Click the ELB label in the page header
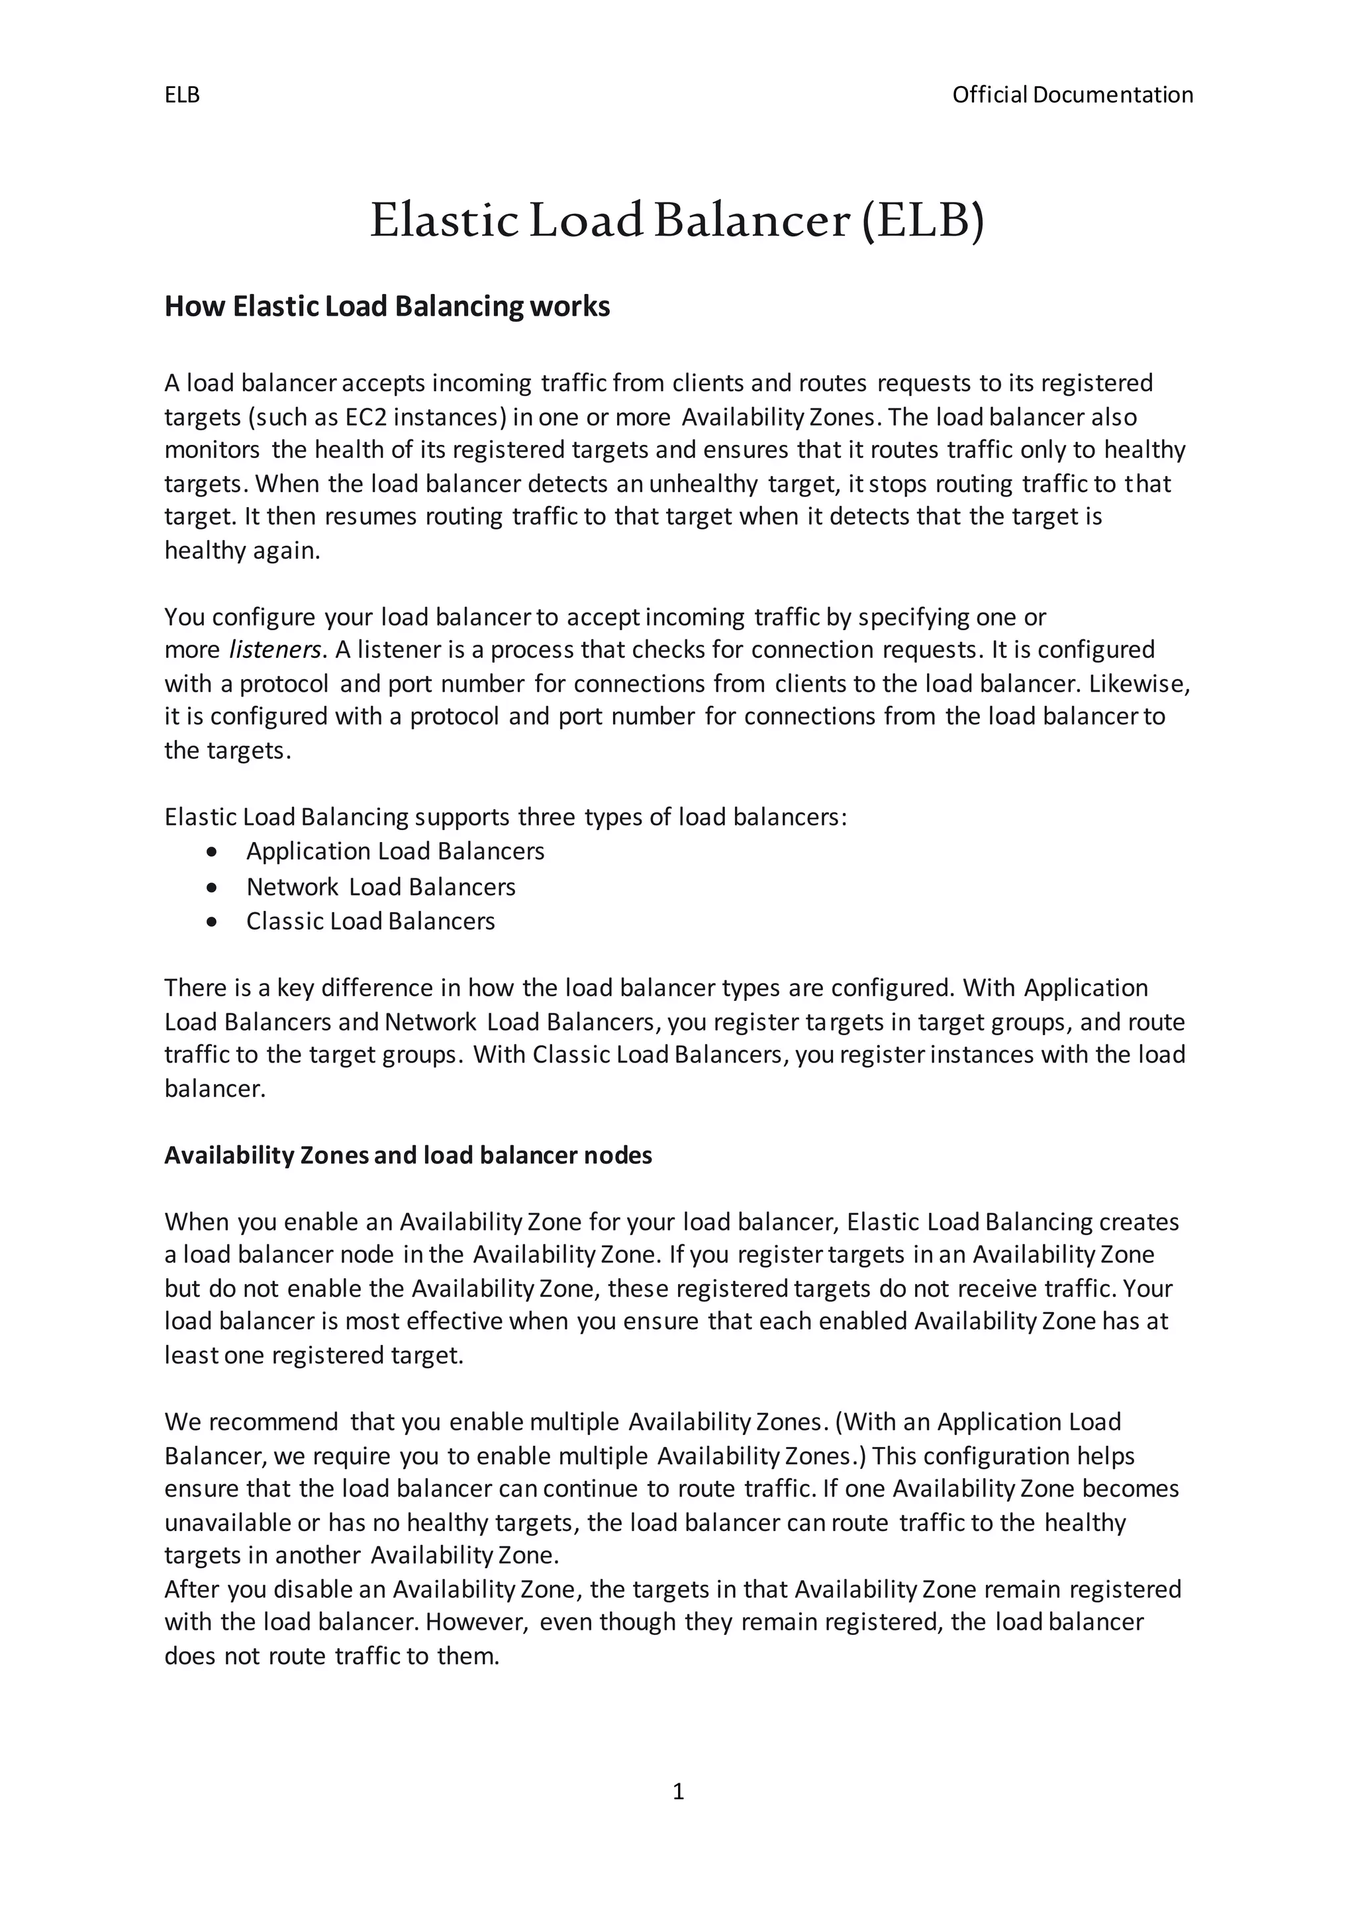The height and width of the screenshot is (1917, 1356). click(x=182, y=95)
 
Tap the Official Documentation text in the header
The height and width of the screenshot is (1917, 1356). click(x=1072, y=95)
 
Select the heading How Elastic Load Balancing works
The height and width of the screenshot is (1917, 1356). click(x=387, y=306)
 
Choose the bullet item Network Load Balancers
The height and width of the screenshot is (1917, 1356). click(x=381, y=887)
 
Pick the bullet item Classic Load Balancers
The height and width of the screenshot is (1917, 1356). click(x=370, y=921)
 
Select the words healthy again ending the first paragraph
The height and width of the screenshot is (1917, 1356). click(x=242, y=551)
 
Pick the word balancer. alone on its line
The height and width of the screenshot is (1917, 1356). click(x=215, y=1089)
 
